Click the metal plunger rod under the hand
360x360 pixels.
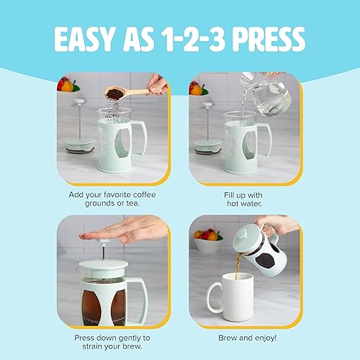[x=106, y=252]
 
